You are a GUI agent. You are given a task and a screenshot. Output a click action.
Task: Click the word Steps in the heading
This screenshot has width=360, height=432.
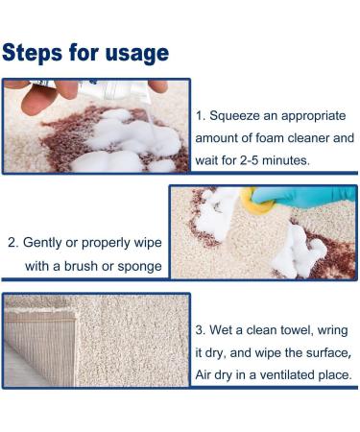[x=32, y=53]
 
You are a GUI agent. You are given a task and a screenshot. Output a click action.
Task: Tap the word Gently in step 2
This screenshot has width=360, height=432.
[x=42, y=243]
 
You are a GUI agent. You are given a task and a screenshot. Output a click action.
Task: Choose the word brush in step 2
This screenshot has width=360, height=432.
[x=82, y=266]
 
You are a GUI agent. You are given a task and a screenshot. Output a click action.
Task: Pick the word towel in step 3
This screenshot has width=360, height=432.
[x=297, y=330]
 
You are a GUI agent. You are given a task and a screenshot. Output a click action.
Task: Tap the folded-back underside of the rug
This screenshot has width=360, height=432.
[x=40, y=348]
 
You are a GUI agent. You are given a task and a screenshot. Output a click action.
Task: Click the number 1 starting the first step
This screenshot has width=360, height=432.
[x=200, y=116]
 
